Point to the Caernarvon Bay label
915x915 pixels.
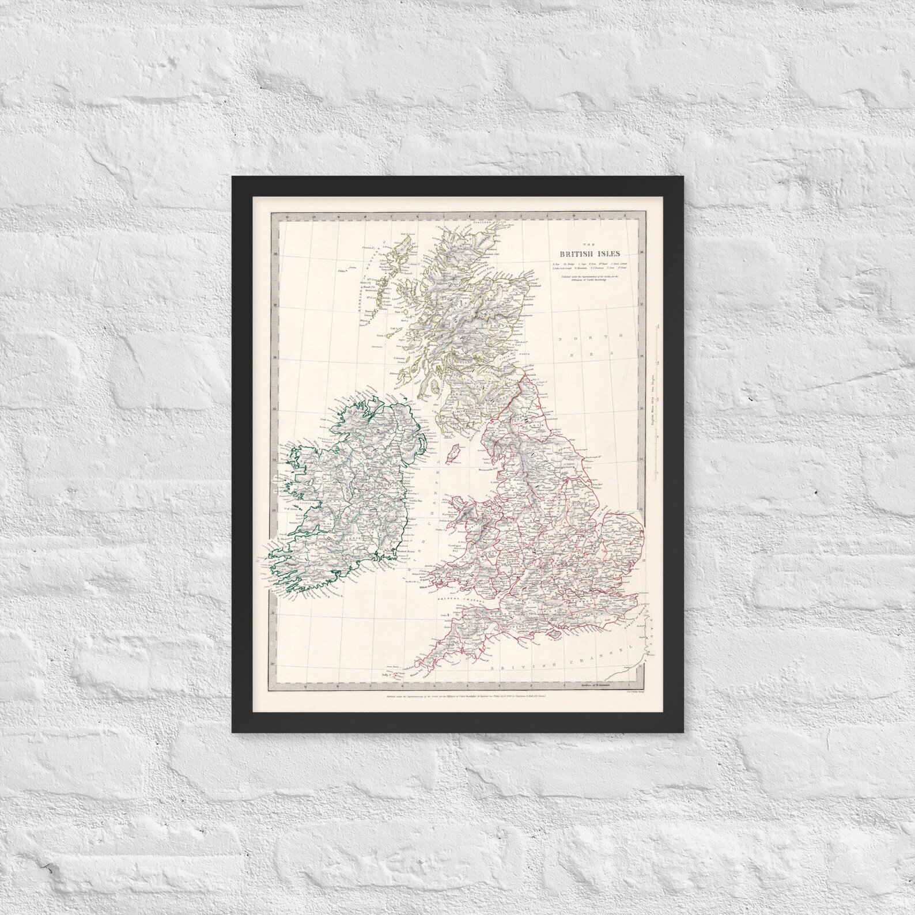[x=450, y=511]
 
